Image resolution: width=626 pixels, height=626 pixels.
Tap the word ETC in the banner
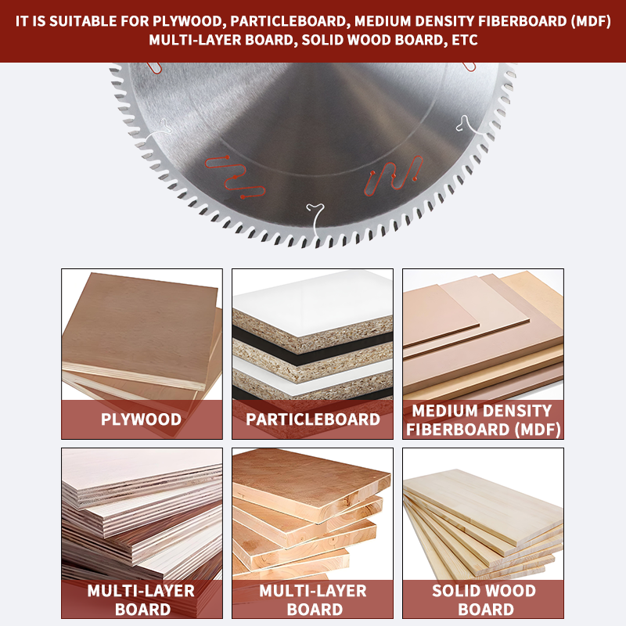point(465,41)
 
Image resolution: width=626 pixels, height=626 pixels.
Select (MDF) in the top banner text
point(591,21)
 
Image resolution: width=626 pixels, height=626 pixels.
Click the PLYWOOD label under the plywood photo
point(142,419)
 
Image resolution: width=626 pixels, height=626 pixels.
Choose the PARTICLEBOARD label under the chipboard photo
point(312,419)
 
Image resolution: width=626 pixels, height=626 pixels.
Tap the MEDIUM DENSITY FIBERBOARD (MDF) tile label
point(483,420)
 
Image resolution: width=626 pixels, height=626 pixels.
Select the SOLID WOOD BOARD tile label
point(484,599)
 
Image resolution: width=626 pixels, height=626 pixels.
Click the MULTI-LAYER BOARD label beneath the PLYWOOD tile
point(142,599)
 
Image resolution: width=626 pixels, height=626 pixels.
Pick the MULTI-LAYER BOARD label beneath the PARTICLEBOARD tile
point(313,599)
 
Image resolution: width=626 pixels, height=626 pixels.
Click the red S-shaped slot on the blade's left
point(234,178)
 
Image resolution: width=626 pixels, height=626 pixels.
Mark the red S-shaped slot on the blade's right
point(394,175)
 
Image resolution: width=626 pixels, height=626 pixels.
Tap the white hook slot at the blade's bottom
point(316,221)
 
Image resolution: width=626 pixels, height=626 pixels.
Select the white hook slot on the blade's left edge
point(159,130)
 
